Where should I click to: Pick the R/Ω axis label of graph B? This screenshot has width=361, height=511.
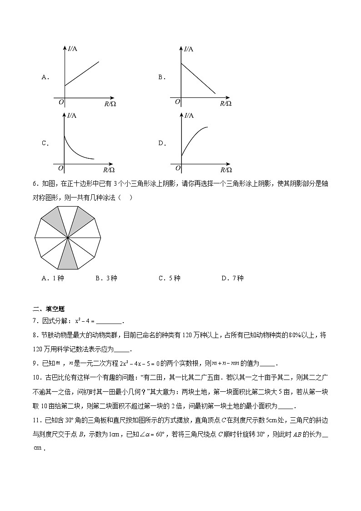[226, 103]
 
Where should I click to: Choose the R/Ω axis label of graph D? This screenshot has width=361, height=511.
[226, 170]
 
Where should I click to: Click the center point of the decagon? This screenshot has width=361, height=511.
[67, 237]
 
